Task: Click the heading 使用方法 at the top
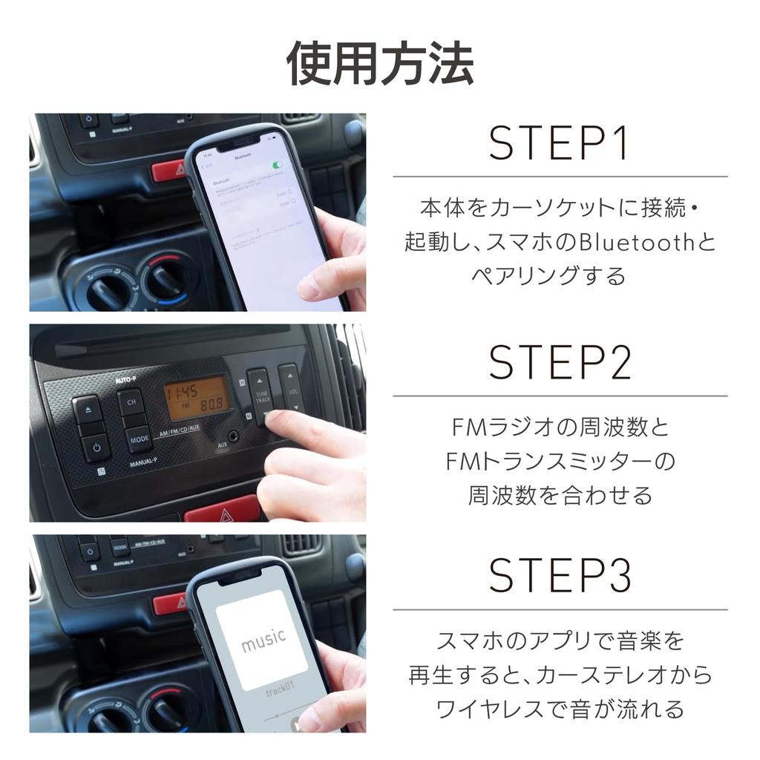click(380, 65)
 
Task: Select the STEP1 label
click(558, 144)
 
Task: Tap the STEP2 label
click(560, 362)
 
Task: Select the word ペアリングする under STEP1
click(548, 276)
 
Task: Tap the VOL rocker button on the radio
click(290, 389)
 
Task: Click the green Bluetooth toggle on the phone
click(278, 165)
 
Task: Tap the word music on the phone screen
click(262, 639)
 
